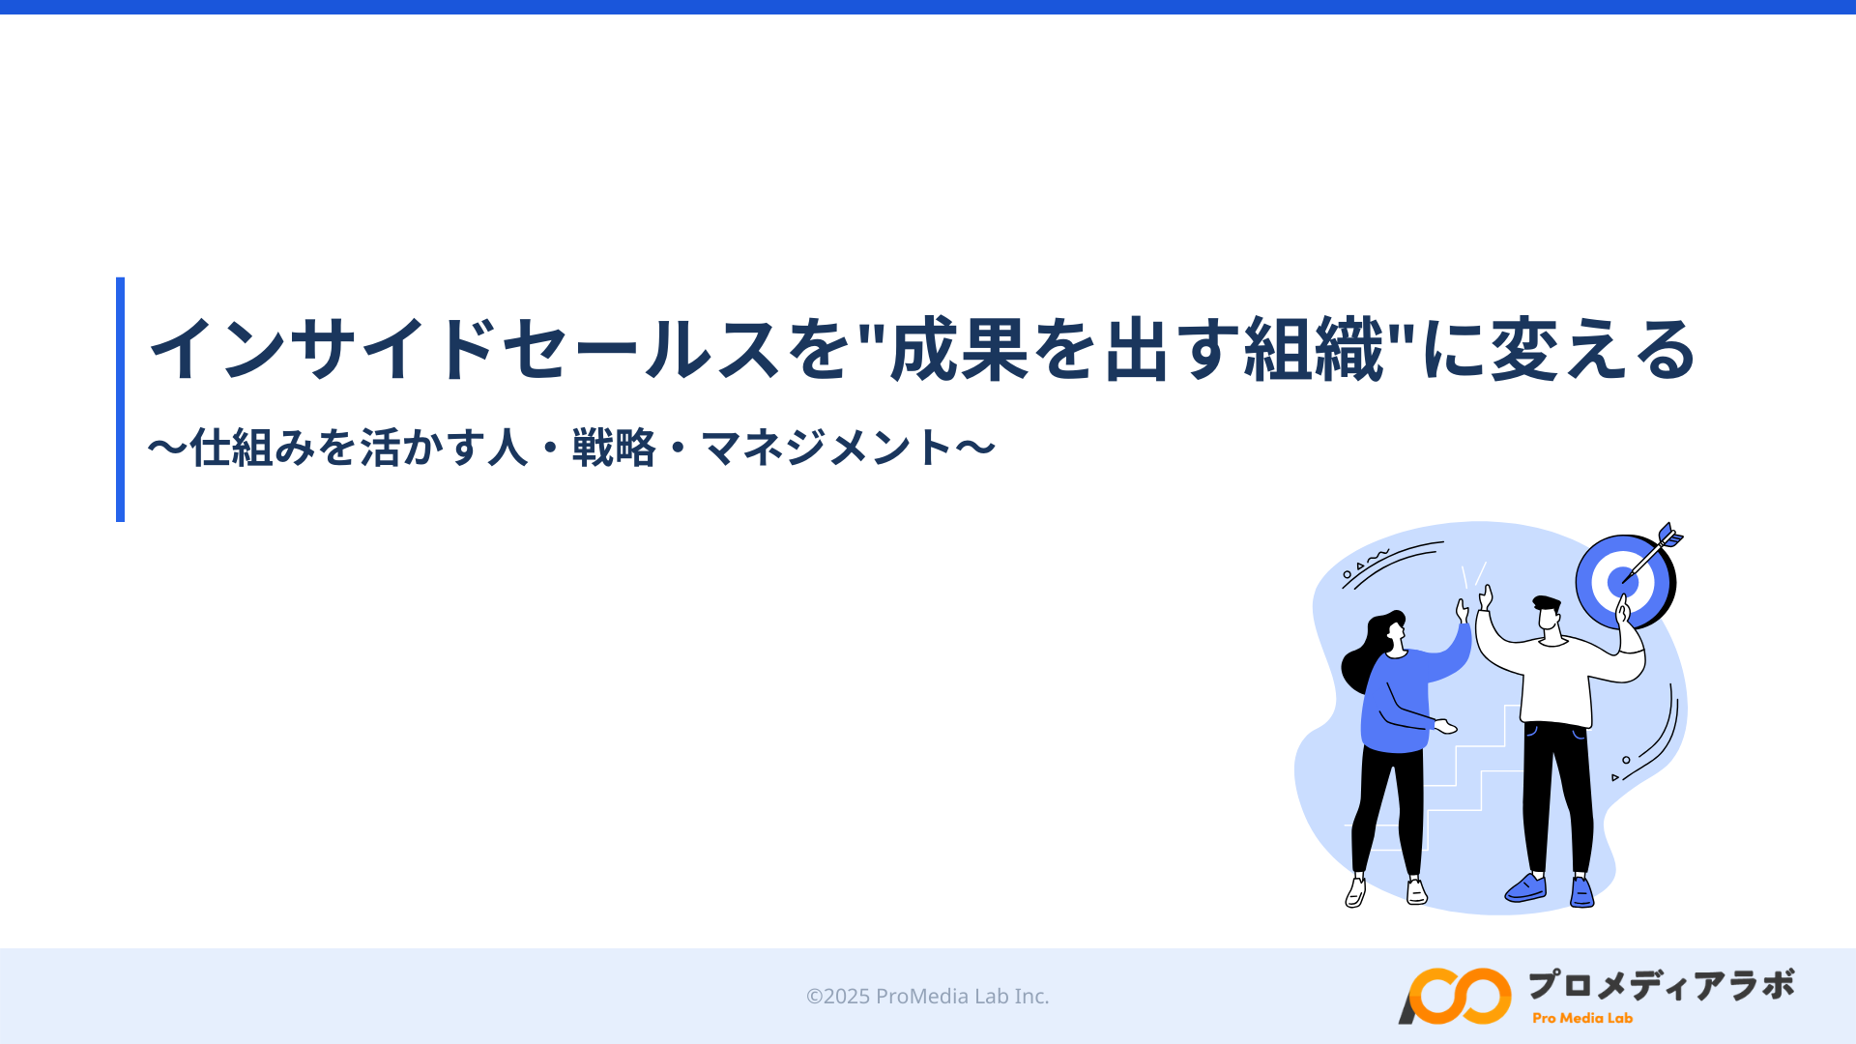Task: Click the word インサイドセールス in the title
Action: click(464, 349)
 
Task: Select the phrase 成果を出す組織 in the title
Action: click(1138, 349)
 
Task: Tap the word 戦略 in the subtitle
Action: click(614, 448)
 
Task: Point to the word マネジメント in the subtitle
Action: click(827, 448)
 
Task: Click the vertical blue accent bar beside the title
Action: click(120, 399)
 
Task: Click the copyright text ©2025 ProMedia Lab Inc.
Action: click(928, 996)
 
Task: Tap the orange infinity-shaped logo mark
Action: click(1455, 996)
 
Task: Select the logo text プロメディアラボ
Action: click(1661, 985)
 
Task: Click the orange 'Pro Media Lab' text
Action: click(1582, 1018)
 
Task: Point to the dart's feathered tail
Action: click(1670, 536)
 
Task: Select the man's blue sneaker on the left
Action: click(1526, 887)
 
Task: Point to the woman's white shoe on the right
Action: click(1416, 891)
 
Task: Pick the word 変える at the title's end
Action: click(1594, 349)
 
